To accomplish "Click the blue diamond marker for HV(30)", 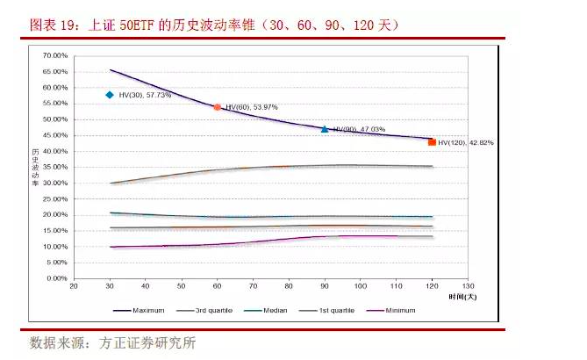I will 110,95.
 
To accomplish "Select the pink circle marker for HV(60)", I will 218,107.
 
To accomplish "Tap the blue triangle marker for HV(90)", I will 325,129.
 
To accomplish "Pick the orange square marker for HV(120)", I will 432,141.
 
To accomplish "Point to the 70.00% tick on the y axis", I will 54,55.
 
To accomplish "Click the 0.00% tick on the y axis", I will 56,278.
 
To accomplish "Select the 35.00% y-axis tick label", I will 54,167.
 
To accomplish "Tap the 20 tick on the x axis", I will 74,286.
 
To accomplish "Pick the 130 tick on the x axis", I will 467,286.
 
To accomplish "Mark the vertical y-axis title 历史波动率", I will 35,167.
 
